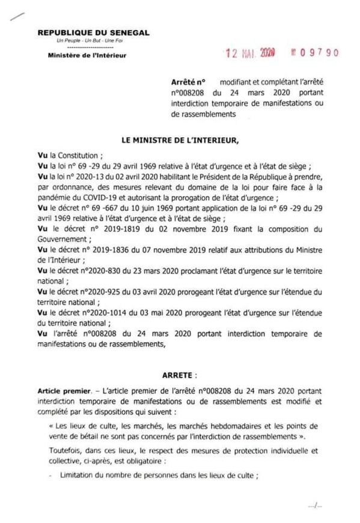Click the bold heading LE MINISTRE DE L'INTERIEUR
point(180,140)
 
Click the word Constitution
point(76,154)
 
